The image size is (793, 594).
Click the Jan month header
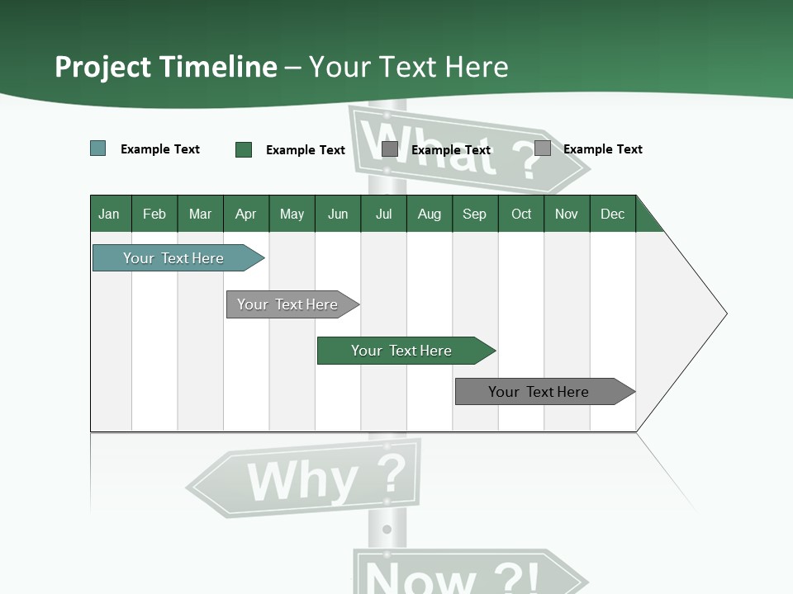point(109,214)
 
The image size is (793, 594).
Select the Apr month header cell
point(245,214)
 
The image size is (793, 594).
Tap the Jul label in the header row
point(383,214)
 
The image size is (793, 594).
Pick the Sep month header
point(474,214)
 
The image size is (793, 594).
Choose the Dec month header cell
point(612,214)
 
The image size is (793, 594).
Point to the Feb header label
point(154,214)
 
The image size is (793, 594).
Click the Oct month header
point(521,214)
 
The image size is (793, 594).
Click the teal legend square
point(98,148)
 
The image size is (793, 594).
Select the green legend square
point(244,149)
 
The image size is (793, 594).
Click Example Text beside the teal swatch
point(160,149)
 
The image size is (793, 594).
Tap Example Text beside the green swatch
point(306,150)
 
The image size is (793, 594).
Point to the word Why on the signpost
point(302,482)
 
